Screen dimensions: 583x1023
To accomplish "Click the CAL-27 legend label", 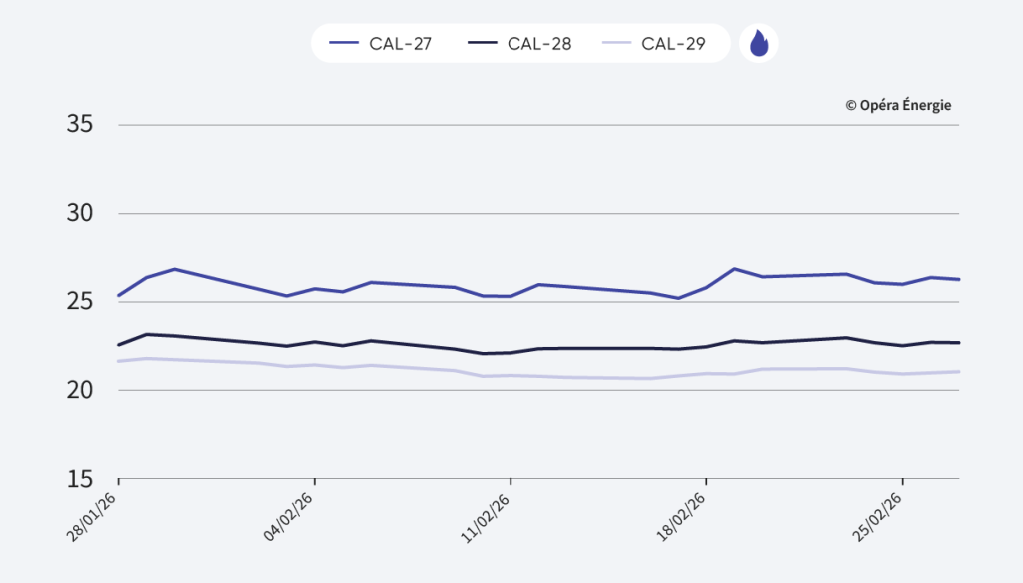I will coord(400,44).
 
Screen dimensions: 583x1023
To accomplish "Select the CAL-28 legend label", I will coord(539,44).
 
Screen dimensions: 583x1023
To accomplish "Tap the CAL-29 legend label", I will coord(674,44).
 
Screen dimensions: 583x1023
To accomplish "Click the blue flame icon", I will coord(759,44).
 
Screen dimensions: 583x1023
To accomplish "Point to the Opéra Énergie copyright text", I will coord(898,105).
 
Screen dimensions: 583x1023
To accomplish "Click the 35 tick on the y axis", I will coord(80,125).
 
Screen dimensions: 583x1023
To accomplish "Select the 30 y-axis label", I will coord(80,213).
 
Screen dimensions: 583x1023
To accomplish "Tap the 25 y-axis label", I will coord(80,302).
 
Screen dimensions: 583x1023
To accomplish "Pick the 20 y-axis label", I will coord(80,390).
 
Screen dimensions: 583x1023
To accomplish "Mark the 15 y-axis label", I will coord(80,478).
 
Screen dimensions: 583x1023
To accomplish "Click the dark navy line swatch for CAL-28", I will coord(482,44).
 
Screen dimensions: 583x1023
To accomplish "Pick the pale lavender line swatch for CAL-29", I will coord(616,44).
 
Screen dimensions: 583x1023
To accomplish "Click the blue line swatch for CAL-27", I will coord(344,44).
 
